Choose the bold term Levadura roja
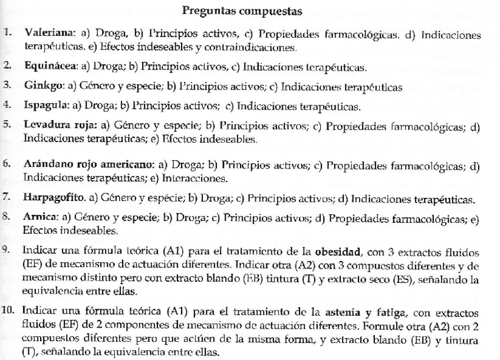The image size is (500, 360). point(58,126)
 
